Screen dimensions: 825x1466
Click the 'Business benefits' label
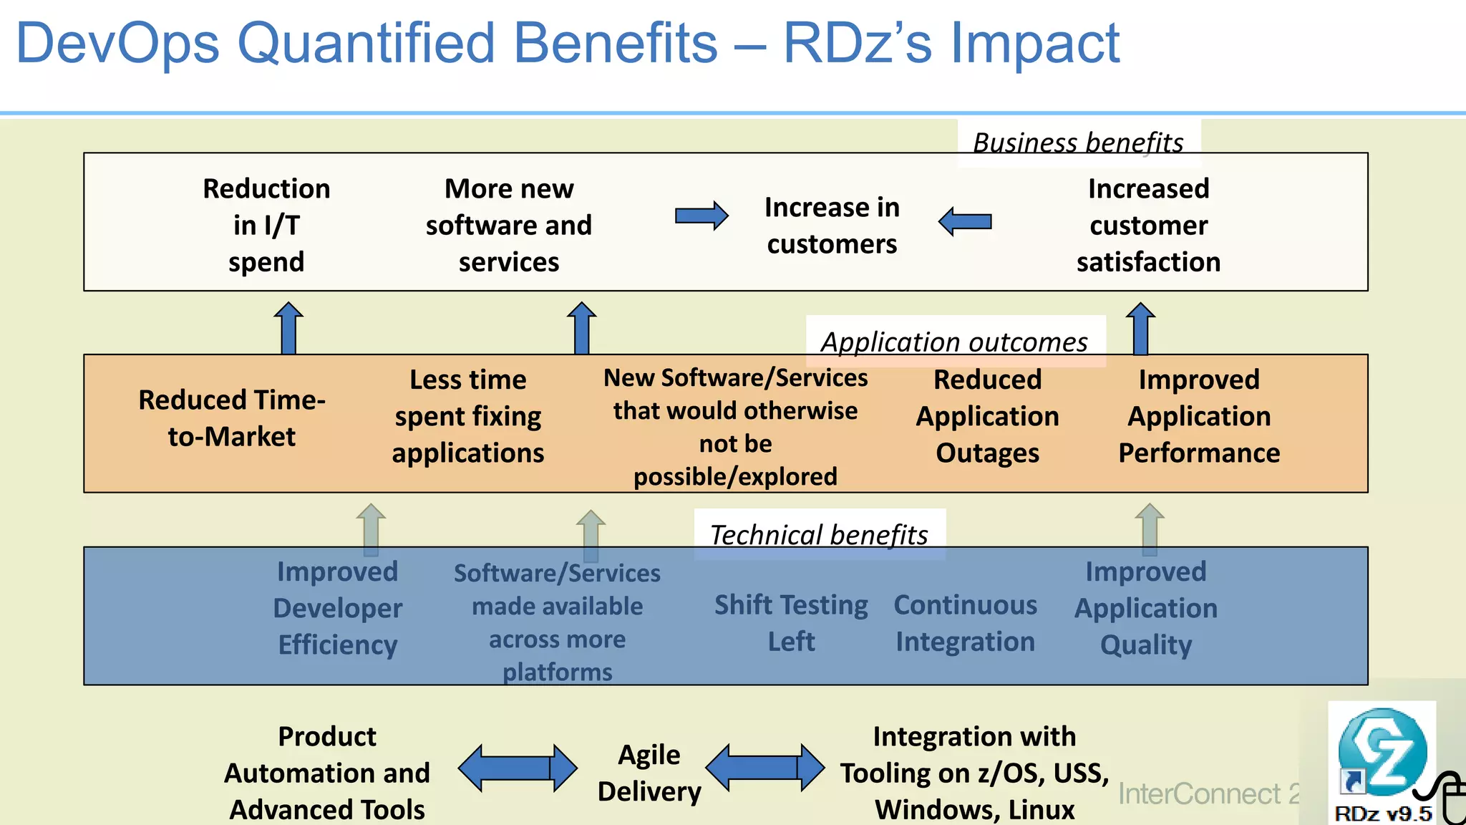(x=1078, y=143)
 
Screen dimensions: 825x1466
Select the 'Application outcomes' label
(x=954, y=342)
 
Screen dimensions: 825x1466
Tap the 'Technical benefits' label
(x=819, y=534)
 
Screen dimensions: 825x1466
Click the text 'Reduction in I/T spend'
(x=266, y=225)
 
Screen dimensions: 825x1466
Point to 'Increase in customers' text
(x=832, y=226)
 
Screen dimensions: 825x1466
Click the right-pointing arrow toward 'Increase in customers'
(x=702, y=216)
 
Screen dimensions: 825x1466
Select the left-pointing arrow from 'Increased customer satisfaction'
(x=965, y=221)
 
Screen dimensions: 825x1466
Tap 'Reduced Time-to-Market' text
(x=231, y=418)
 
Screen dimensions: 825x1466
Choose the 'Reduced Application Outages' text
(x=987, y=416)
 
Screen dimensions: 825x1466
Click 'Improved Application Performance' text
(x=1199, y=416)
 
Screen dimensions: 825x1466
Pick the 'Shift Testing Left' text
(x=791, y=622)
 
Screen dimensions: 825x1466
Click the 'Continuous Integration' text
(x=965, y=622)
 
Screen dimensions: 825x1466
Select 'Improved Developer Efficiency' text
(x=337, y=608)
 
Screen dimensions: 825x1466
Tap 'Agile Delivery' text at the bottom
(x=649, y=773)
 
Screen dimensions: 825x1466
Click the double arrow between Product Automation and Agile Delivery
(x=517, y=768)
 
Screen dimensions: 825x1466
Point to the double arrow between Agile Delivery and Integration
(x=764, y=768)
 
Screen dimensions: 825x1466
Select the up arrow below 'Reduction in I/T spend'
(x=288, y=328)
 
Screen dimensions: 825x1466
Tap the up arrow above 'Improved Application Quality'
(x=1150, y=529)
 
